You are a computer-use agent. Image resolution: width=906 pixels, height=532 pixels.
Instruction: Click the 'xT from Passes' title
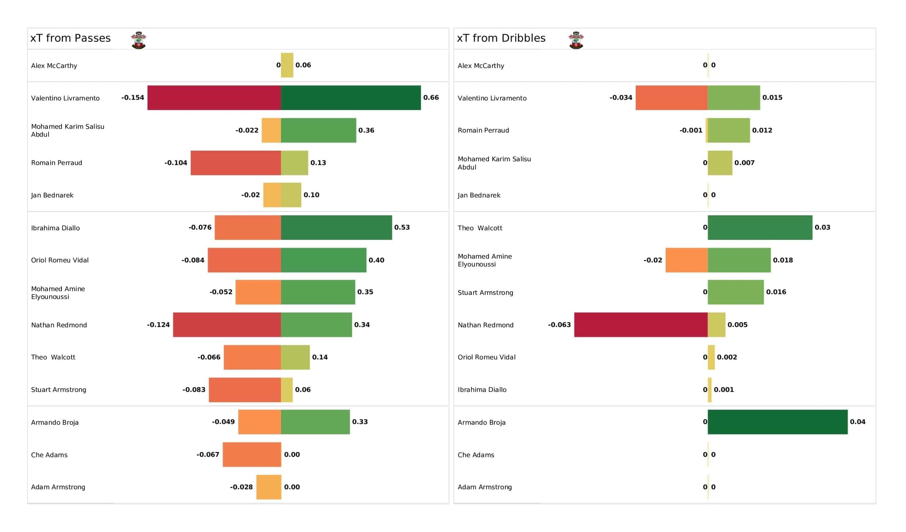(70, 38)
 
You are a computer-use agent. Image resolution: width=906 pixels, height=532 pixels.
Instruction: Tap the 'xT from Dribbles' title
(501, 38)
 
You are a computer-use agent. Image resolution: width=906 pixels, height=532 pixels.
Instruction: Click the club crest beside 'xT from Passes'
(138, 40)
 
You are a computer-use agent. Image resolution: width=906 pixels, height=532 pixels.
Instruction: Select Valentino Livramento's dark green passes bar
(351, 98)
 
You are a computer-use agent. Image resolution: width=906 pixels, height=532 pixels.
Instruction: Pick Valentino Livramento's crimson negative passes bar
(214, 98)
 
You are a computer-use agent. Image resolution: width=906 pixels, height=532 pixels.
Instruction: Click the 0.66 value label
(431, 97)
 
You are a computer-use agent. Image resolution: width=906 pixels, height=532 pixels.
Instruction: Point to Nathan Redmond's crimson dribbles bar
(641, 325)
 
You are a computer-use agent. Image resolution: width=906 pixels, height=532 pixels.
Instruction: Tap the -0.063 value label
(559, 325)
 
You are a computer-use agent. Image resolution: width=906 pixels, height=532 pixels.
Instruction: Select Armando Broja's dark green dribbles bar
(778, 422)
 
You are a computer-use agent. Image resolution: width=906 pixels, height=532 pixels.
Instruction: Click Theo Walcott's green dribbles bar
(760, 227)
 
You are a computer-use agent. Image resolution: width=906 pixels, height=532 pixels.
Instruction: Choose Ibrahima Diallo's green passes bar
(337, 227)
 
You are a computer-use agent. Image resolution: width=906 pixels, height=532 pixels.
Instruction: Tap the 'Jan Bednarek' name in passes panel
(52, 195)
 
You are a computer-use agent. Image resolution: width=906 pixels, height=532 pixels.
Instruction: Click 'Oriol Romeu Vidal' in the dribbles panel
(486, 357)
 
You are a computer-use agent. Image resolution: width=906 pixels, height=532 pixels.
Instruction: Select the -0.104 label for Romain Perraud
(176, 163)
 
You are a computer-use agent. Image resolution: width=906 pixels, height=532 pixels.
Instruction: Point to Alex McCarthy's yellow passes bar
(287, 65)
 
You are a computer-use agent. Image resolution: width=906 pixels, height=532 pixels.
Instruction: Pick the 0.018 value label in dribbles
(783, 260)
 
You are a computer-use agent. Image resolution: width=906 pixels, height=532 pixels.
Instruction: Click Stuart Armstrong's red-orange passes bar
(245, 390)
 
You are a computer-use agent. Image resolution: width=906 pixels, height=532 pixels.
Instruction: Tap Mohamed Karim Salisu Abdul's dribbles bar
(720, 163)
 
